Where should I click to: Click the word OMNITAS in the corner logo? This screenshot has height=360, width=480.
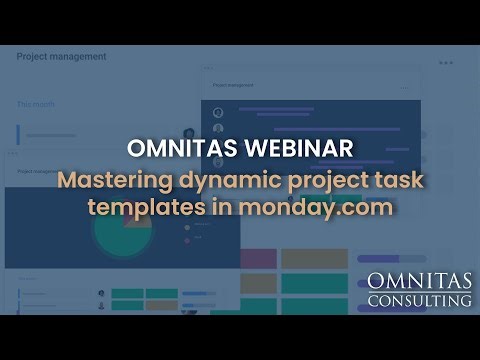pos(419,280)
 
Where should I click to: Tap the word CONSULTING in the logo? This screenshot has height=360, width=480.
pos(419,300)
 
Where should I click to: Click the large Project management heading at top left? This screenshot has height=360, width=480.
pos(61,57)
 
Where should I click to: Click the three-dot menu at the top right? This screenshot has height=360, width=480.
pos(446,62)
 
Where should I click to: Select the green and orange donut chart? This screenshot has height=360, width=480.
pos(122,228)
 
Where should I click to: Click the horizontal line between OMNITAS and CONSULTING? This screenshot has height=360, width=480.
pos(419,291)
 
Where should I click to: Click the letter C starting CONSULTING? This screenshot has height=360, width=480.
pos(373,300)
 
